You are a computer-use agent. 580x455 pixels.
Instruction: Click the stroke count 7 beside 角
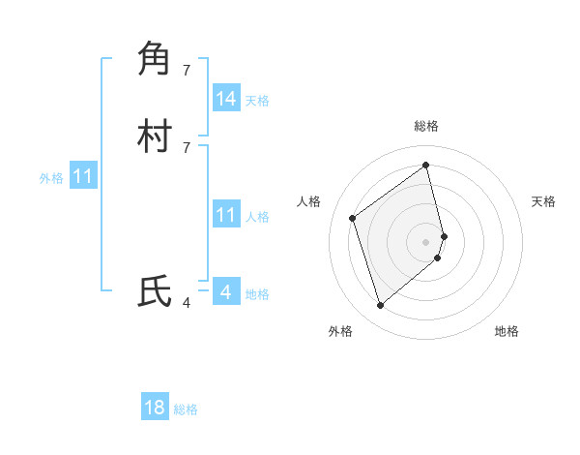[187, 70]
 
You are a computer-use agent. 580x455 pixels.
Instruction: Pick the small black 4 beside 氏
[187, 303]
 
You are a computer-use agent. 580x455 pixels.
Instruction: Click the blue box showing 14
[226, 99]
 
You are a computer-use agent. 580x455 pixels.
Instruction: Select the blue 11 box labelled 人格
[226, 215]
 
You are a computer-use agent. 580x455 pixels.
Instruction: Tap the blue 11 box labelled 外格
[83, 177]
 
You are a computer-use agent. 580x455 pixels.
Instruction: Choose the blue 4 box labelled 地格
[226, 291]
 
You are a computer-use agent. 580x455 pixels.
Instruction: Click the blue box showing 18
[155, 408]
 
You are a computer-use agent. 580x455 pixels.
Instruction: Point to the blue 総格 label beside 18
[186, 409]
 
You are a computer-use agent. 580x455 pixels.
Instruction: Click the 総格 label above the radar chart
[426, 126]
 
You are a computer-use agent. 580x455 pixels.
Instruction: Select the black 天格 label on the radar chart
[544, 201]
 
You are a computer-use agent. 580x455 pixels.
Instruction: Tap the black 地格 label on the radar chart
[507, 331]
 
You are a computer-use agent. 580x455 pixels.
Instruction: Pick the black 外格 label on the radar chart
[340, 331]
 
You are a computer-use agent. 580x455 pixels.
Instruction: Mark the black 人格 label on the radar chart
[309, 201]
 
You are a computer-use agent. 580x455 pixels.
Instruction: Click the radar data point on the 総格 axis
[426, 165]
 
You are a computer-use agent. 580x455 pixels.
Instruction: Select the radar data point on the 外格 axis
[380, 306]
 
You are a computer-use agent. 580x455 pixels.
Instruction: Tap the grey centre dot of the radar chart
[426, 241]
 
